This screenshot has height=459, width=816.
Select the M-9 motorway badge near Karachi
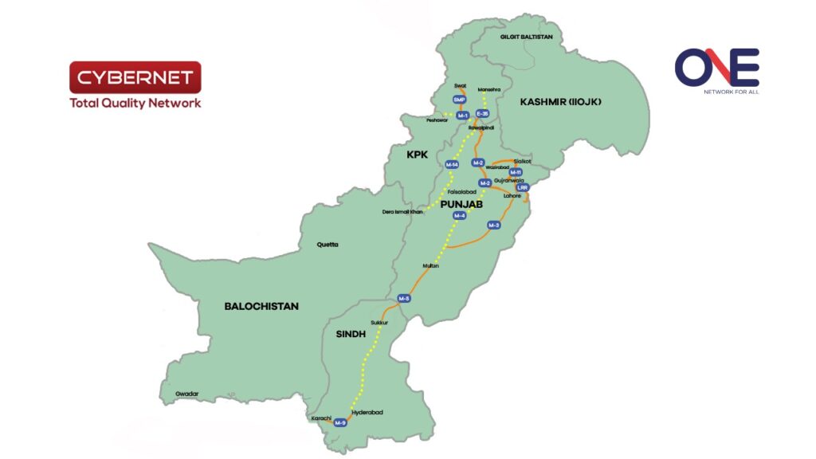pos(341,422)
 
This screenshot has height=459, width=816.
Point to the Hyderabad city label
pos(367,412)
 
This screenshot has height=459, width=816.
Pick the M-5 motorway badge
pos(404,299)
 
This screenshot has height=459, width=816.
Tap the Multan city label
pos(431,266)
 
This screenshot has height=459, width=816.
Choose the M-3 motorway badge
pos(494,226)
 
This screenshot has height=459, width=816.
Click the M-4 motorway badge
pos(459,216)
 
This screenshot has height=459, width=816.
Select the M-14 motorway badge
pos(452,165)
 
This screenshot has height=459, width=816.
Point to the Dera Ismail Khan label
pos(403,212)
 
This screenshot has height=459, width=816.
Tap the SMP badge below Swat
pos(458,100)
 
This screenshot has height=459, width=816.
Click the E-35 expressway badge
pos(481,114)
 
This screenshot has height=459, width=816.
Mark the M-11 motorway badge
pos(516,172)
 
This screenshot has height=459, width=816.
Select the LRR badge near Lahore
pos(523,187)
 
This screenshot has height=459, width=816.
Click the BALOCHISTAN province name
pos(261,306)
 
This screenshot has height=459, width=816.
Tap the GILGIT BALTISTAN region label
pos(527,37)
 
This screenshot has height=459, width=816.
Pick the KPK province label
pos(418,152)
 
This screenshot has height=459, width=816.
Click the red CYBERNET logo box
pos(135,77)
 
